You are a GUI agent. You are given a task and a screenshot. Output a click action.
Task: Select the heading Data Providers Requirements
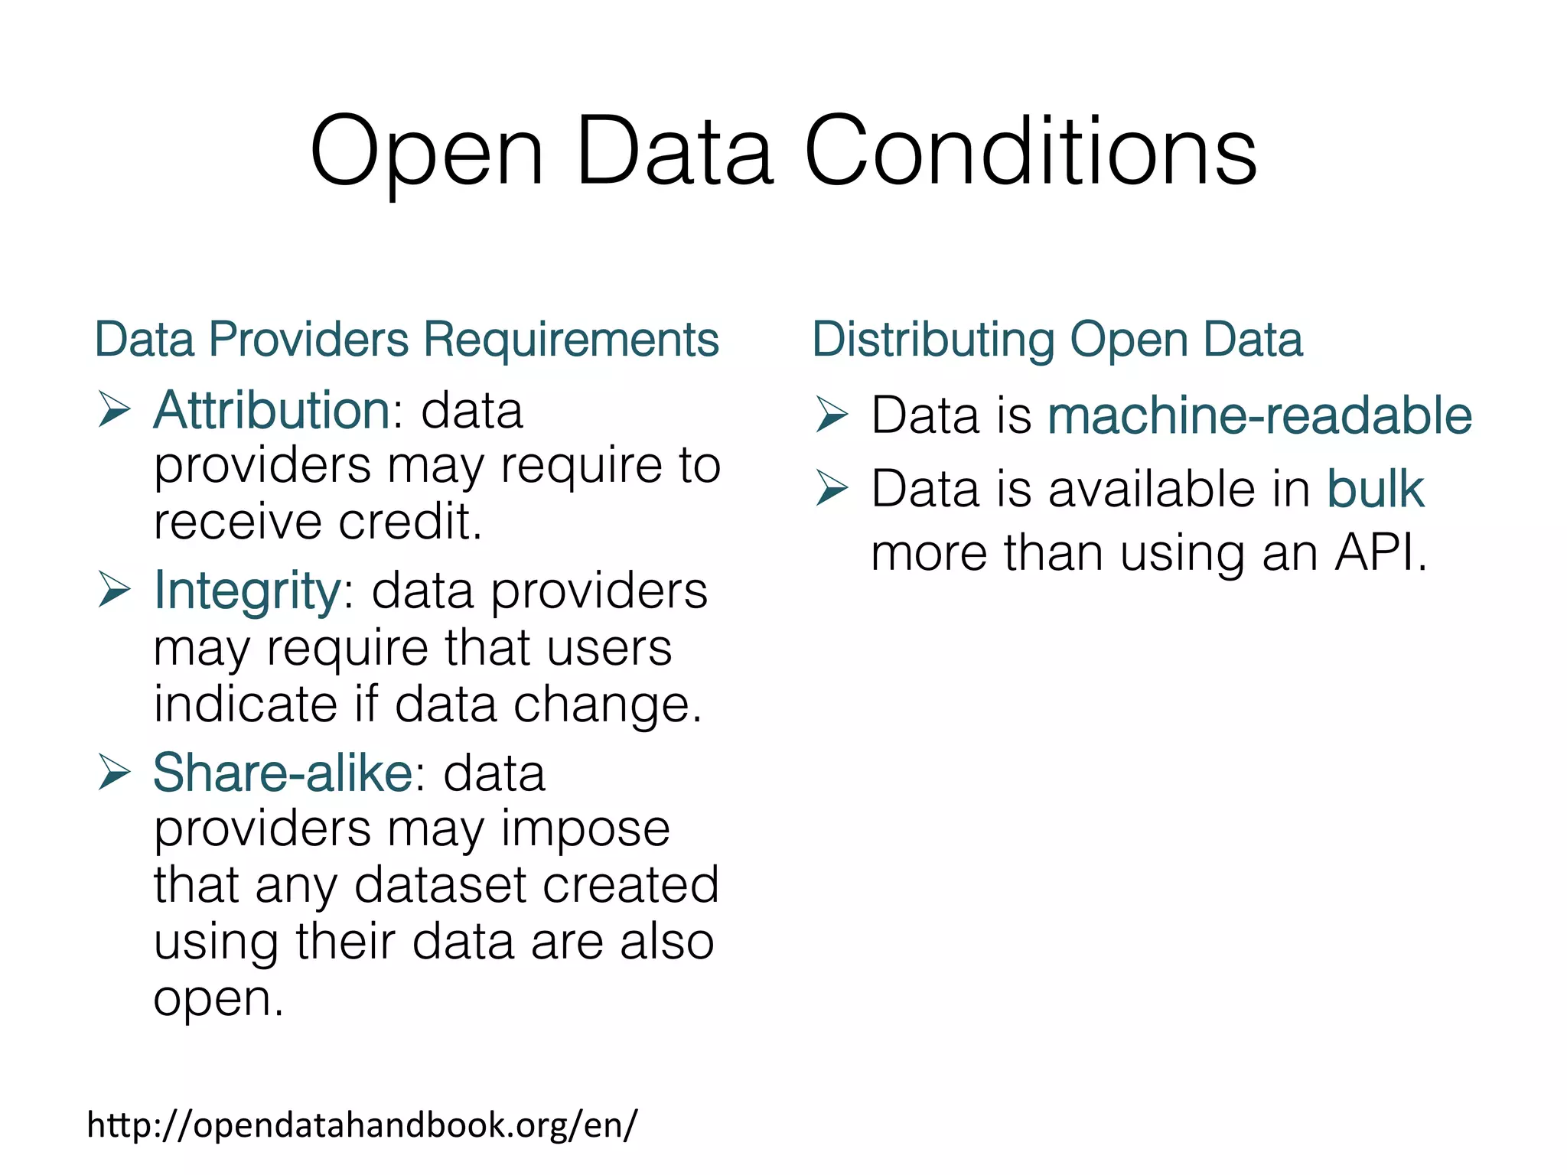[x=406, y=339]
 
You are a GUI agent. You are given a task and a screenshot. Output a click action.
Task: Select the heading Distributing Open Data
[x=1057, y=339]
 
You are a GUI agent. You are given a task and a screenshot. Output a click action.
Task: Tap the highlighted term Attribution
[x=272, y=411]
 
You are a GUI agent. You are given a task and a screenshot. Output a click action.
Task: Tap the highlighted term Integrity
[x=247, y=591]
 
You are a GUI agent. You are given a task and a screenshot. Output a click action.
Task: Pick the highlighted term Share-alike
[x=282, y=773]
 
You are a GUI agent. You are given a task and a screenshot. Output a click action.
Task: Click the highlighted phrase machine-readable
[x=1259, y=415]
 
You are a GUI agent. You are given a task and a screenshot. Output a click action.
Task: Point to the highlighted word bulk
[x=1374, y=489]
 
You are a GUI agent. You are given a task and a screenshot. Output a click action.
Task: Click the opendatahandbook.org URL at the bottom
[x=361, y=1125]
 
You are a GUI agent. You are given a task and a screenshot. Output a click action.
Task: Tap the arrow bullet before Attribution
[x=114, y=411]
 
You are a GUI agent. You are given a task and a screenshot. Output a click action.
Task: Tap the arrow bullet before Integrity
[x=114, y=591]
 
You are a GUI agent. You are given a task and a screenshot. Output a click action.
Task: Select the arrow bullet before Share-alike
[x=114, y=773]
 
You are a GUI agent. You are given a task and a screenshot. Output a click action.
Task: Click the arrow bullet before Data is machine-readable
[x=832, y=415]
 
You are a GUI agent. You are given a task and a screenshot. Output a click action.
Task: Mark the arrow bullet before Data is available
[x=832, y=489]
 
